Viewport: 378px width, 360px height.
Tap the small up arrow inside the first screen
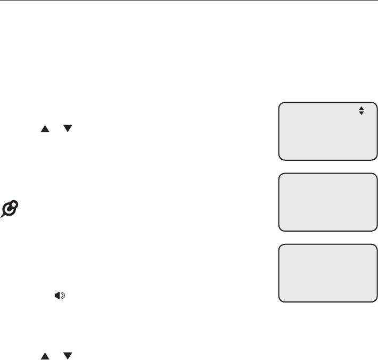pyautogui.click(x=361, y=109)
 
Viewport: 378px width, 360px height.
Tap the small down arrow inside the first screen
pyautogui.click(x=361, y=114)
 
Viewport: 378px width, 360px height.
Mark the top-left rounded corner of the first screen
pyautogui.click(x=280, y=103)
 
